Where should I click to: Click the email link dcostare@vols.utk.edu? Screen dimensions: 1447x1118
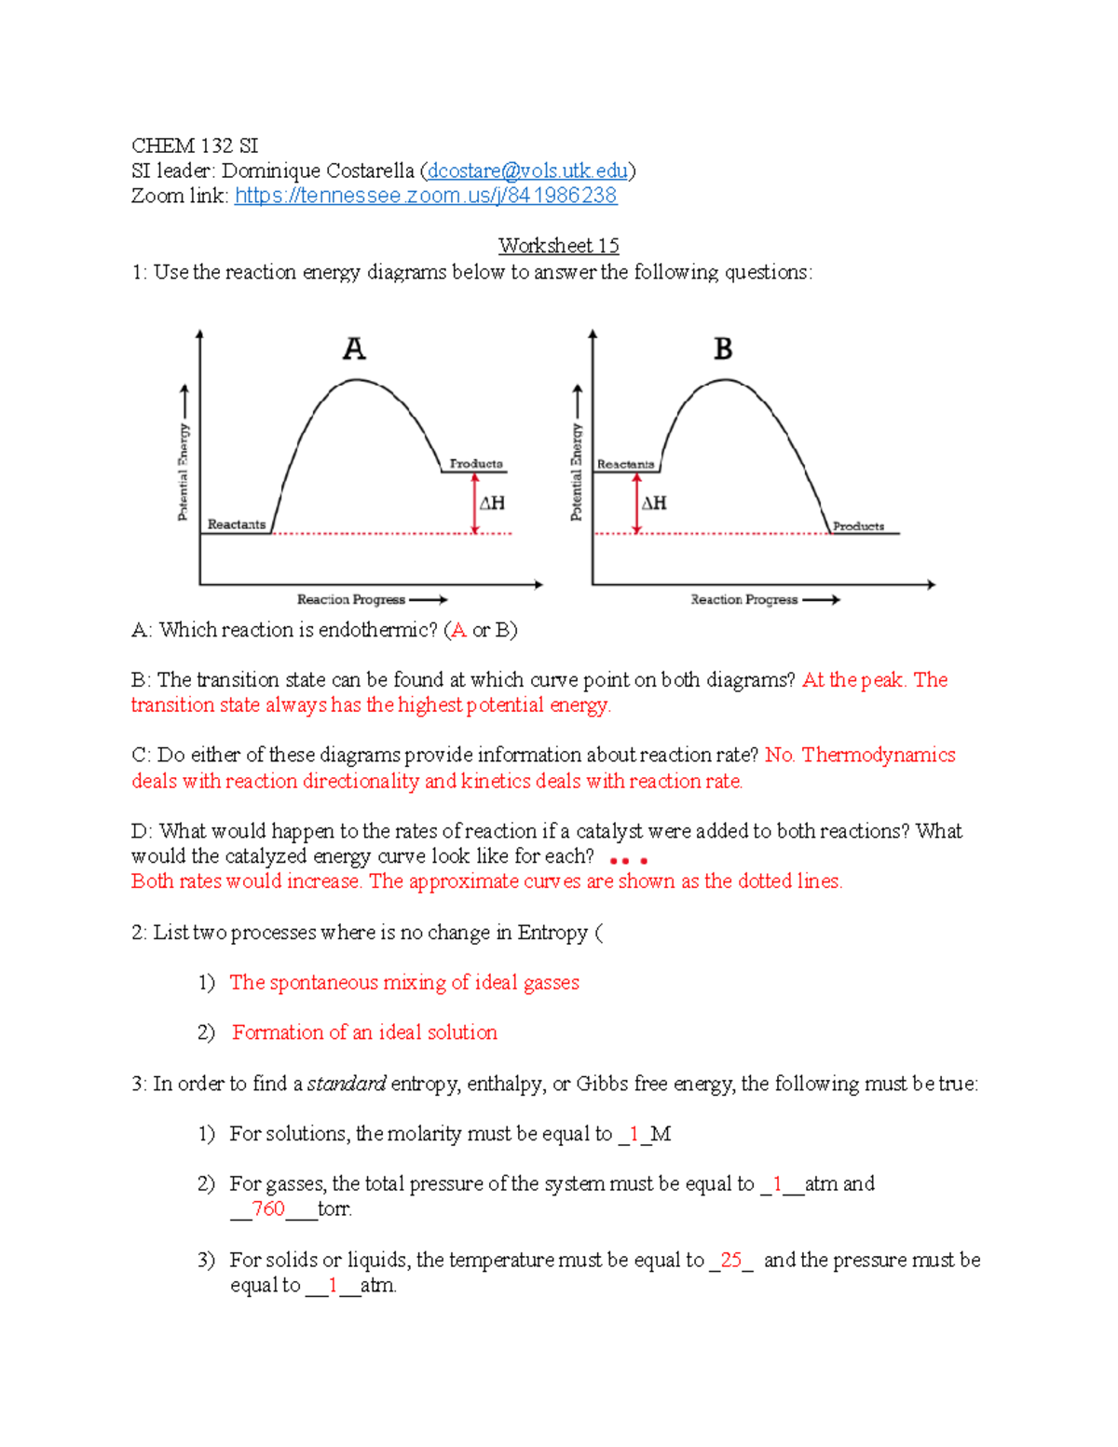click(527, 171)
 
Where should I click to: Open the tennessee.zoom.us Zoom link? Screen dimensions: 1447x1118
click(425, 196)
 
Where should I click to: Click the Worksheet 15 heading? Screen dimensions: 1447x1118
click(558, 246)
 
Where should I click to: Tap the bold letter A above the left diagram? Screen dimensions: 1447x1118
click(354, 349)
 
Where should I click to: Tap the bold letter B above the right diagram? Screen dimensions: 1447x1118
click(723, 349)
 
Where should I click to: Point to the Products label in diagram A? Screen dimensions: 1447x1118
click(476, 463)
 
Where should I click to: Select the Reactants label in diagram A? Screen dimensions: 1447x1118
click(237, 525)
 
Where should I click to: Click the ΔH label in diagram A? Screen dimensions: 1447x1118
click(492, 503)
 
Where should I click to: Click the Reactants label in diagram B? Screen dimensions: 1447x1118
click(625, 464)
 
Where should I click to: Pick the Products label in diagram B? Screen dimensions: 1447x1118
click(858, 526)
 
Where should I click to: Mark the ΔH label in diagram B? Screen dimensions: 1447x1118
click(654, 503)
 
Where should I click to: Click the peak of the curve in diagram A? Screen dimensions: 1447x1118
click(356, 380)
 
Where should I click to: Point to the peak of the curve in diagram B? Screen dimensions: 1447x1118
click(726, 380)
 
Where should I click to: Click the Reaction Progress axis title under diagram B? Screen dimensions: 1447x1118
click(743, 600)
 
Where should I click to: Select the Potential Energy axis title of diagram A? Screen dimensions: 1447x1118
click(184, 471)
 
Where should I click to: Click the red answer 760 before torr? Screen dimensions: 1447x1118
click(268, 1209)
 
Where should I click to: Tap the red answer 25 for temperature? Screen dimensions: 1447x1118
click(730, 1260)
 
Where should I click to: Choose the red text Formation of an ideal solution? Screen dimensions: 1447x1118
click(364, 1032)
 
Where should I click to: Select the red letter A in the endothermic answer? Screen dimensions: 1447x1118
click(457, 630)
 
